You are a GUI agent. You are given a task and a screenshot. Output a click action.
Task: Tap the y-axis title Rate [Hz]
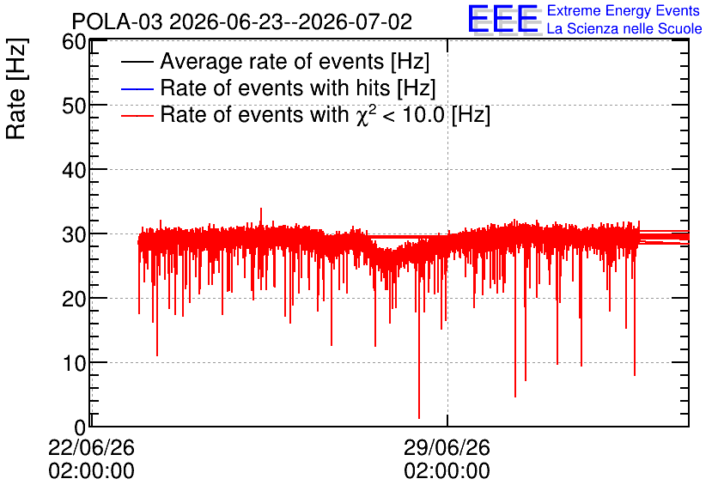pos(16,89)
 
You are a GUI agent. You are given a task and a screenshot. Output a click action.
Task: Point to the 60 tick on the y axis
pos(74,42)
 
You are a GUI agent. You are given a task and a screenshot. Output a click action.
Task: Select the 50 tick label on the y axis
pos(74,106)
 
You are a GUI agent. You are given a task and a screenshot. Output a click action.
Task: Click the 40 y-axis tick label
pos(74,170)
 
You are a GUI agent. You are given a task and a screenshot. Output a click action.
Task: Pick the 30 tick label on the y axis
pos(74,234)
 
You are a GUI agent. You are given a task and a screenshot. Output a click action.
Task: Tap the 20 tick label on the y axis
pos(74,299)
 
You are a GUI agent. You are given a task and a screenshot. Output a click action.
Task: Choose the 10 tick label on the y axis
pos(74,363)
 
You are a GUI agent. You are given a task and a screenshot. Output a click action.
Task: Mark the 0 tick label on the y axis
pos(81,427)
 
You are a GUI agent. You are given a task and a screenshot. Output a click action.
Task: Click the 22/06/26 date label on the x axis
pos(92,447)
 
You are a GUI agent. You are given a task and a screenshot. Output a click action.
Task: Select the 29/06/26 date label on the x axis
pos(447,447)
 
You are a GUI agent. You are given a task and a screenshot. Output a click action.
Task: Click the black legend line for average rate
pos(137,62)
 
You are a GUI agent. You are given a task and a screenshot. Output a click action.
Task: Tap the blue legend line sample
pos(137,88)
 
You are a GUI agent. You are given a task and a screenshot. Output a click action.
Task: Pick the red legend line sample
pos(137,116)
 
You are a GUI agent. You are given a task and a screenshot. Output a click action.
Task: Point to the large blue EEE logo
pos(503,19)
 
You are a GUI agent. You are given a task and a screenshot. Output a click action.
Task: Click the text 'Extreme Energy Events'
pos(624,10)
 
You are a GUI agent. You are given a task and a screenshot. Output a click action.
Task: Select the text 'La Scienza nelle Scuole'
pos(624,28)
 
